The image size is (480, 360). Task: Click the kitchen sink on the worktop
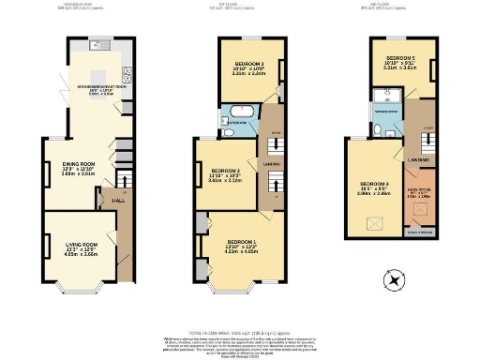(x=97, y=44)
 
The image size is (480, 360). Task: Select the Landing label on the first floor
(x=271, y=165)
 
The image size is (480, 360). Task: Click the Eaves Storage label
(x=417, y=229)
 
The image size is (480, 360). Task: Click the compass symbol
(x=394, y=278)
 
